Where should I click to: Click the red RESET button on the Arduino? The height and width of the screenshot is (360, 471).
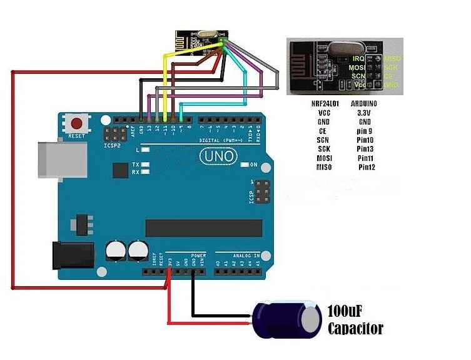tap(78, 123)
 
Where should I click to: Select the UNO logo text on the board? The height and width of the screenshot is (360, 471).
tap(218, 155)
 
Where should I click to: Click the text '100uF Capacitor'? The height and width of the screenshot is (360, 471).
tap(355, 319)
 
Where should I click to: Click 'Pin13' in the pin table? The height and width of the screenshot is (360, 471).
tap(365, 149)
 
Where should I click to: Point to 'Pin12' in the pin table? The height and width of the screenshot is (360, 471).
tap(365, 168)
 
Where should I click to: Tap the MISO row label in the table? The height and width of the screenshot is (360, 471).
tap(325, 168)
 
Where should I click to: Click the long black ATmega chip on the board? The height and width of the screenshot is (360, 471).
tap(203, 228)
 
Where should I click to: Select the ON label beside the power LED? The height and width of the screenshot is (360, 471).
tap(253, 165)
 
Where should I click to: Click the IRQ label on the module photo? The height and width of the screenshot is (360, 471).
tap(358, 58)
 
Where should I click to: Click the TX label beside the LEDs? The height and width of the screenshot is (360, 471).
tap(135, 164)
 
